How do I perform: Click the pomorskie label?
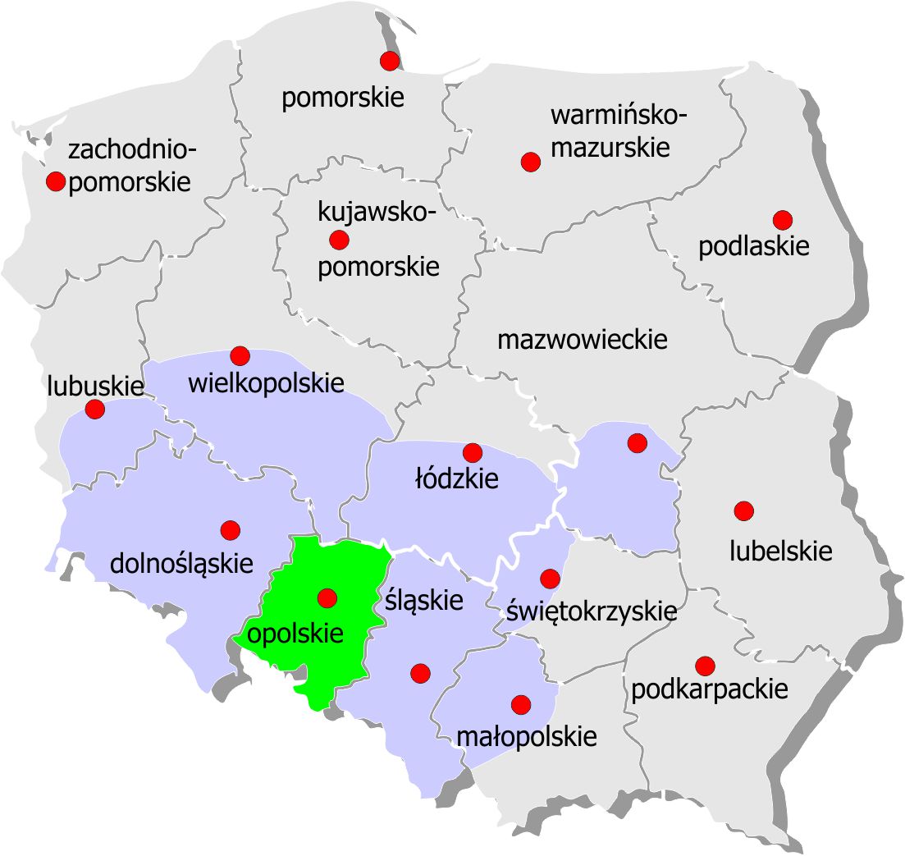pos(343,98)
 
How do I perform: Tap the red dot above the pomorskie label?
pos(390,60)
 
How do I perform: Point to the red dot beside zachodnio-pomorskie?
pos(56,181)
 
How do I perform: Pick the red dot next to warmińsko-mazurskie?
pos(531,162)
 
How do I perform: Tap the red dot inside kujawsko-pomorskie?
pos(338,240)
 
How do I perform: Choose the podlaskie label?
pos(754,246)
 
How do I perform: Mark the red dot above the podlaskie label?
pos(782,220)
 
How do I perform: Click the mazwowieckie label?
pos(583,339)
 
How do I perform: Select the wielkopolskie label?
pos(266,382)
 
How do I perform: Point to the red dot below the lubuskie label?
pos(95,409)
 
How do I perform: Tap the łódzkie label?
pos(456,478)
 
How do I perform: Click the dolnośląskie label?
pos(181,564)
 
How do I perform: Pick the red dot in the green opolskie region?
pos(327,597)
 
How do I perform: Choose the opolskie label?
pos(295,634)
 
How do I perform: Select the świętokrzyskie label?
pos(592,611)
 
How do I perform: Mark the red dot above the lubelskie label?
pos(743,510)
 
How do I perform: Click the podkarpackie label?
pos(709,689)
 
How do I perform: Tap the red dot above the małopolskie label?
pos(520,704)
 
